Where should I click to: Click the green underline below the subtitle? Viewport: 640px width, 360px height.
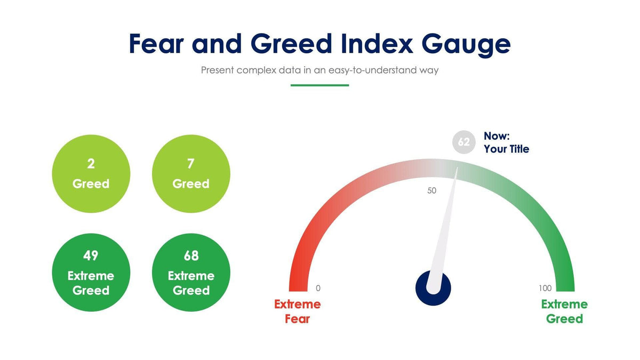(319, 85)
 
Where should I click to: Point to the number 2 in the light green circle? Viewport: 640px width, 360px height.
(91, 164)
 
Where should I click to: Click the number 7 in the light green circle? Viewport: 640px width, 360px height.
(191, 164)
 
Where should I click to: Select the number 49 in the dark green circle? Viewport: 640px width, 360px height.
(91, 256)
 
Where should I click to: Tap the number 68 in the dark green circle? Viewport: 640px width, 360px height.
(191, 256)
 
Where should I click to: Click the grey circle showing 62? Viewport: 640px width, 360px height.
(463, 142)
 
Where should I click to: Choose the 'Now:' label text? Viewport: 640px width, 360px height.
(497, 136)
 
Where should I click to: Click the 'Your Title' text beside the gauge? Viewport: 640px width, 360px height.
(506, 149)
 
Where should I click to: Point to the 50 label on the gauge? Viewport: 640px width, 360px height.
(432, 190)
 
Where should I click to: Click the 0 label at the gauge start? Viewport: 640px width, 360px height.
(318, 289)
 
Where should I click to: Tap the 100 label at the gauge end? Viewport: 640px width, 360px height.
(545, 289)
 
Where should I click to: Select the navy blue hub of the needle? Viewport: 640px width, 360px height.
(433, 289)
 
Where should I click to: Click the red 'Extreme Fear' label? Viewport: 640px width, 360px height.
(297, 311)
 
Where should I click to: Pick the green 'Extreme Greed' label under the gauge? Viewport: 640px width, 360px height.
(564, 311)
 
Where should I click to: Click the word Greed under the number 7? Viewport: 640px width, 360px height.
(191, 184)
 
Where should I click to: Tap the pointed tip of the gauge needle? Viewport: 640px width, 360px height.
(457, 169)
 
